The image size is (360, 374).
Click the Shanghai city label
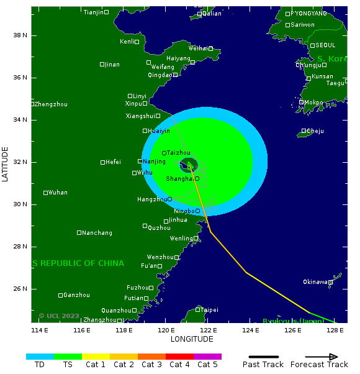(x=179, y=179)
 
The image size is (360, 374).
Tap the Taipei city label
(x=209, y=309)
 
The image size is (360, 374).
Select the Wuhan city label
(x=58, y=193)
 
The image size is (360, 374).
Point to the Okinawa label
(x=315, y=282)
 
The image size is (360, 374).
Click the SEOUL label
(x=325, y=45)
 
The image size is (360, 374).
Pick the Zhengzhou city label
(x=51, y=104)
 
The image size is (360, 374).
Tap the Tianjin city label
(x=93, y=12)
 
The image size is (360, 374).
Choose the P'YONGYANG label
(x=308, y=14)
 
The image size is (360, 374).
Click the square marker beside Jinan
(x=102, y=65)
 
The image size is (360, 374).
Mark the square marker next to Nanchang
(x=79, y=233)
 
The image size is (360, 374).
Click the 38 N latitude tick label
(x=20, y=35)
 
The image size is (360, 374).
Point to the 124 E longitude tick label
(x=251, y=330)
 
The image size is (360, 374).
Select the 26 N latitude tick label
(x=20, y=289)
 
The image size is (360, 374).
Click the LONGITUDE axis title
(x=192, y=339)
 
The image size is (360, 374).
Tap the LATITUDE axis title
(x=6, y=164)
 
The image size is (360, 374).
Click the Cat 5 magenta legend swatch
(x=207, y=357)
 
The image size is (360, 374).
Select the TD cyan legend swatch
(x=40, y=357)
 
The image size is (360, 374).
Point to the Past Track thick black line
(x=263, y=357)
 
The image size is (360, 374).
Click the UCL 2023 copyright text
(x=59, y=316)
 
